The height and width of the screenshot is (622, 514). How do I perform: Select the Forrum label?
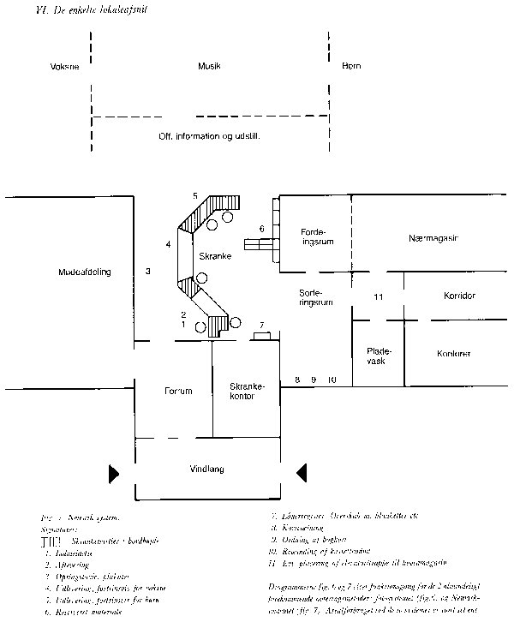tap(178, 391)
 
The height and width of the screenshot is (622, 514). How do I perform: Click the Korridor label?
tap(460, 296)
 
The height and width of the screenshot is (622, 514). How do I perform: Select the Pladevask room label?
tap(378, 356)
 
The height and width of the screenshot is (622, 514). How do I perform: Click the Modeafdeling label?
tap(86, 272)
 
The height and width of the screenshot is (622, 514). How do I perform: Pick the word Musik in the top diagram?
tap(209, 66)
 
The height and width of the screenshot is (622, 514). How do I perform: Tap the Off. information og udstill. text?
tap(209, 136)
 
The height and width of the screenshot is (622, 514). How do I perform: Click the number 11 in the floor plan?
tap(377, 296)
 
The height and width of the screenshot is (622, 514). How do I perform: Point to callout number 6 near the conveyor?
tap(260, 229)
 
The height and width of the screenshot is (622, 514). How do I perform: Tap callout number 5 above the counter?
tap(195, 196)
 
